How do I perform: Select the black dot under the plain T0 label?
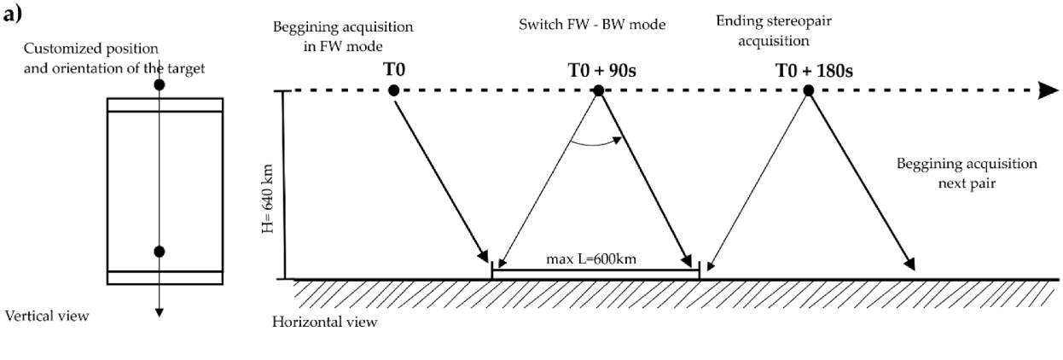coord(392,90)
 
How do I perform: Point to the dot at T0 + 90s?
coord(599,90)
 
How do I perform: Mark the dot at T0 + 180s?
coord(806,90)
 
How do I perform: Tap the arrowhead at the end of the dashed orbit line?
coord(1048,90)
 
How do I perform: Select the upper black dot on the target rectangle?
coord(159,85)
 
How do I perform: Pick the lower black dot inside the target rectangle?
coord(159,251)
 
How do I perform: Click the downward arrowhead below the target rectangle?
coord(159,312)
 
